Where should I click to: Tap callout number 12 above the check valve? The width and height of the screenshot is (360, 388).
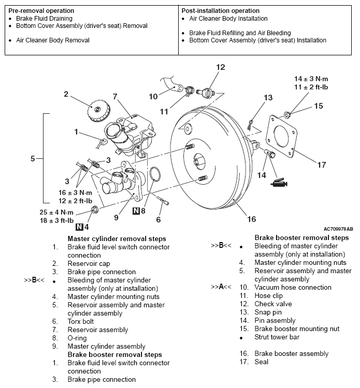[x=221, y=67]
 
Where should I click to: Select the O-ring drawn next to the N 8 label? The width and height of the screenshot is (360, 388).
[x=152, y=175]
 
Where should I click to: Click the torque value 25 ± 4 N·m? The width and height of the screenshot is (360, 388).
[x=57, y=213]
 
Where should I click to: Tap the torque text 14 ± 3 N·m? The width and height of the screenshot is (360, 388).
[x=311, y=79]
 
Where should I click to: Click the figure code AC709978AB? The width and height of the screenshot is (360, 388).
[x=338, y=229]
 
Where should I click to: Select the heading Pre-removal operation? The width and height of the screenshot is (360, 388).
[x=41, y=10]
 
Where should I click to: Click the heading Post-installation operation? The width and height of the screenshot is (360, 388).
[x=221, y=10]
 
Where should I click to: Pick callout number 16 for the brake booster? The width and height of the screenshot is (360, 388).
[x=251, y=219]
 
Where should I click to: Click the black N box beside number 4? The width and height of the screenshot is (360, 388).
[x=79, y=227]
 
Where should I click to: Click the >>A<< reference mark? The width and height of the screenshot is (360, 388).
[x=221, y=287]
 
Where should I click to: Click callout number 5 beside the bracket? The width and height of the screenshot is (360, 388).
[x=33, y=159]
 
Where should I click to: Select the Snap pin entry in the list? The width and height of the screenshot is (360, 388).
[x=268, y=312]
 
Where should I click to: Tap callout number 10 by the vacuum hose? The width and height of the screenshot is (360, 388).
[x=153, y=96]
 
